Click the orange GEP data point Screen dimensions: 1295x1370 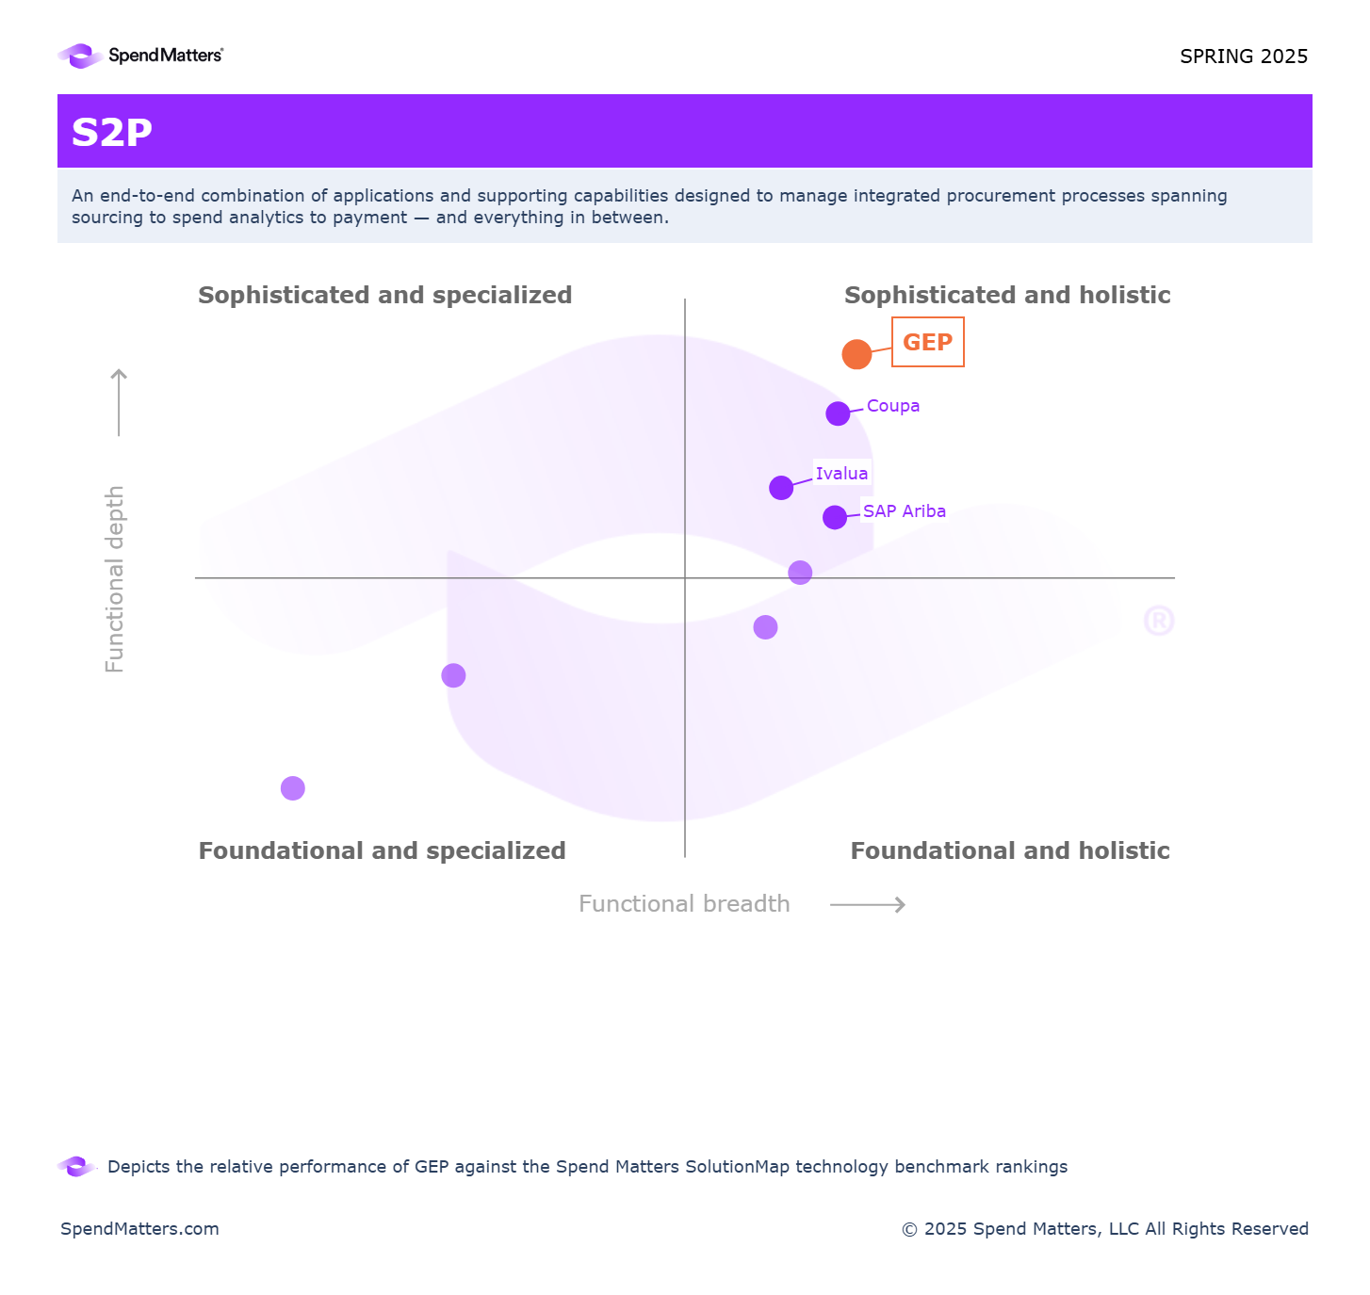pos(856,354)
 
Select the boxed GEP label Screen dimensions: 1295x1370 pos(927,342)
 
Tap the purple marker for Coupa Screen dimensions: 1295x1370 pos(838,413)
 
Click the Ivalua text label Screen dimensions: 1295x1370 pos(841,474)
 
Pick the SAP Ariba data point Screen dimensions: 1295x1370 pos(835,517)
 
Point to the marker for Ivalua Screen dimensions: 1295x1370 pos(781,488)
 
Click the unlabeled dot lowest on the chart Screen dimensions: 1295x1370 pos(293,788)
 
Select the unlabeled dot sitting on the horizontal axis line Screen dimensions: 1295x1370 pos(800,573)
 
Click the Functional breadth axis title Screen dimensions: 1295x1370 pos(684,904)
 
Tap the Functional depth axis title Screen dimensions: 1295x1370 pos(115,578)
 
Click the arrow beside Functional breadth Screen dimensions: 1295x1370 pos(867,905)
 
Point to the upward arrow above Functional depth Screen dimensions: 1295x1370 pos(119,402)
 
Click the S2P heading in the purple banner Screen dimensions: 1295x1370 pos(112,133)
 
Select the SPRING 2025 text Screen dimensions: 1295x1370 pos(1243,57)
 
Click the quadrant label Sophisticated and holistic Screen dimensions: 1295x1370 pos(1006,296)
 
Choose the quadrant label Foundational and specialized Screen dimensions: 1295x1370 pos(382,851)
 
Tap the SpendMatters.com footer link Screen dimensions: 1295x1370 pos(139,1229)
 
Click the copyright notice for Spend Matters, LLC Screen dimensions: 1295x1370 pos(1104,1229)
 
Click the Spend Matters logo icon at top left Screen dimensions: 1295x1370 pos(80,57)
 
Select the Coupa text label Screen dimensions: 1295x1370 pos(892,406)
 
